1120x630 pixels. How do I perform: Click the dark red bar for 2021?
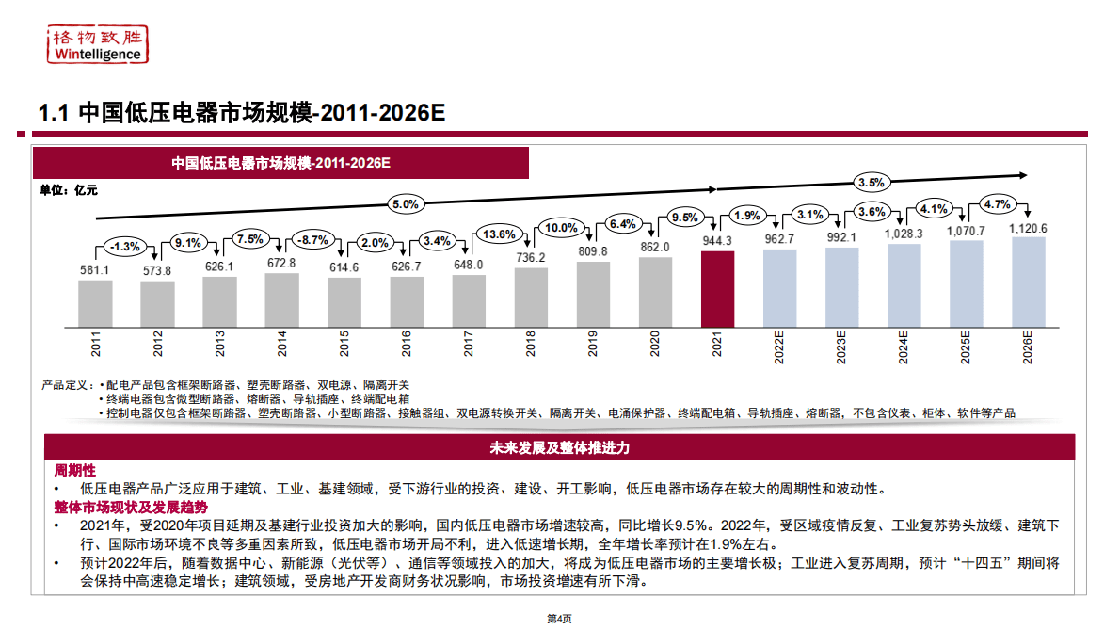[x=717, y=288]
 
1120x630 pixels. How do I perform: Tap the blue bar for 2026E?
[x=1028, y=281]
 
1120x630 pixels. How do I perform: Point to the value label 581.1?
[x=94, y=270]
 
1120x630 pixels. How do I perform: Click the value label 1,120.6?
[x=1028, y=228]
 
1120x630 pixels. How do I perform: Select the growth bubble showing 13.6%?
[x=498, y=234]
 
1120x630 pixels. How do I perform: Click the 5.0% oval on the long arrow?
[x=405, y=203]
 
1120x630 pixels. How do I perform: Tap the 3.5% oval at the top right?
[x=871, y=182]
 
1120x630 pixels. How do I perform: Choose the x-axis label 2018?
[x=531, y=347]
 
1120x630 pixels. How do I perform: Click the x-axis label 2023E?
[x=841, y=347]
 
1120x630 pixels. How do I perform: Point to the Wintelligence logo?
[x=98, y=44]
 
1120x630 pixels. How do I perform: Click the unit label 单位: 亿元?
[x=68, y=189]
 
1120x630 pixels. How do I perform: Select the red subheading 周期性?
[x=74, y=470]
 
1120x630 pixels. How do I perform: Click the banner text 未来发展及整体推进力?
[x=559, y=447]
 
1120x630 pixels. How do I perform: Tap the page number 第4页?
[x=559, y=619]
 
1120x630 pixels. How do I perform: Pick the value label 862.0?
[x=654, y=247]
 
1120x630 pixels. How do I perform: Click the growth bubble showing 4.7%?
[x=996, y=203]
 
